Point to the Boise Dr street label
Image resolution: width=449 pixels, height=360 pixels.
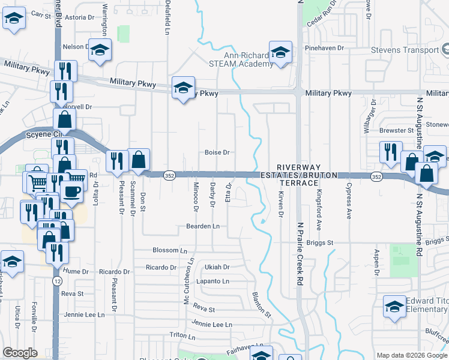[217, 152]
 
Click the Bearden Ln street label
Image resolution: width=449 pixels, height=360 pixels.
[206, 226]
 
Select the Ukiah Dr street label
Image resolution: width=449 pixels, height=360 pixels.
[217, 266]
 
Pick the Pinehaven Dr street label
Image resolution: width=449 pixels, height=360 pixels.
[324, 47]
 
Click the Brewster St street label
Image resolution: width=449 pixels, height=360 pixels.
[397, 130]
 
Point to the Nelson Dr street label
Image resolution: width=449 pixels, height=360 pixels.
[75, 46]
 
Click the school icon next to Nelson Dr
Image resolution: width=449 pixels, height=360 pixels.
[100, 50]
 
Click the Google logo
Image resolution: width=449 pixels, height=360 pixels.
[20, 353]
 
